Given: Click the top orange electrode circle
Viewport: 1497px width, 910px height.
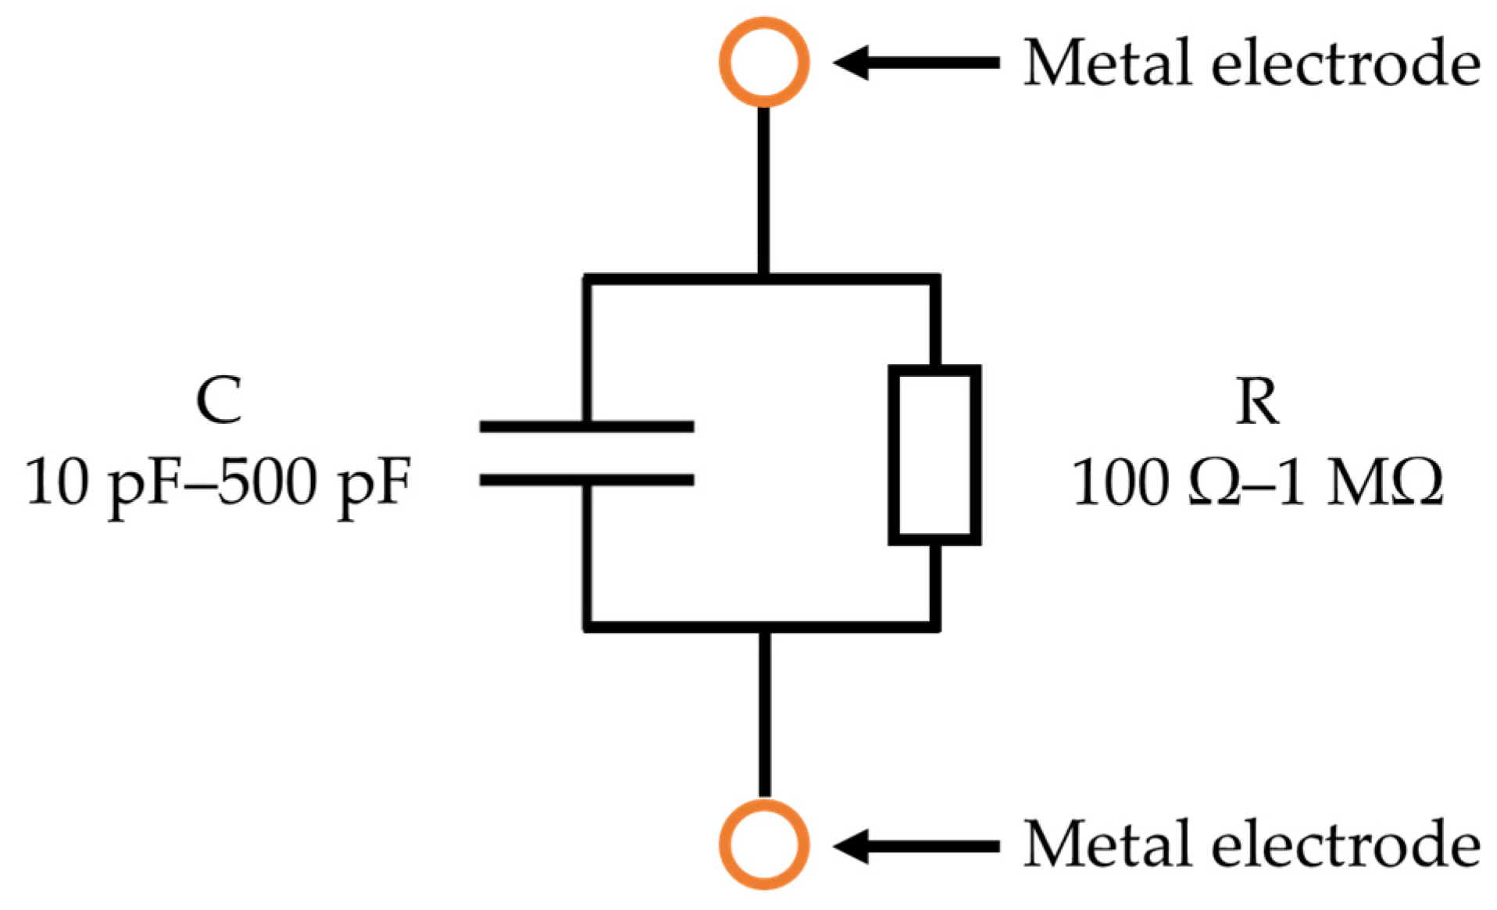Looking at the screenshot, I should click(763, 61).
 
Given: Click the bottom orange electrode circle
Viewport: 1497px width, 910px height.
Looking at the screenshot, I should click(763, 844).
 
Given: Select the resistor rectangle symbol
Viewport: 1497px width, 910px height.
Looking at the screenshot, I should click(934, 455).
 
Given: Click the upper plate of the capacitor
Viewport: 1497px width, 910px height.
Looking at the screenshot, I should click(586, 426).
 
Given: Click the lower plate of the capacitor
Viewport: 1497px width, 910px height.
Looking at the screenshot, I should click(586, 480).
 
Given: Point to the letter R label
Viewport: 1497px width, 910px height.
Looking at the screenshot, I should click(1256, 402).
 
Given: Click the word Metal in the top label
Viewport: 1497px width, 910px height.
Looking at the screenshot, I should click(1107, 63).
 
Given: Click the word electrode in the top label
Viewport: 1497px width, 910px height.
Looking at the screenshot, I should click(1345, 63).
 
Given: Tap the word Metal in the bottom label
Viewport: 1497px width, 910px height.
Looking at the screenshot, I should click(1107, 844).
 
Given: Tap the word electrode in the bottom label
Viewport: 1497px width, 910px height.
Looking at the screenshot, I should click(1345, 844).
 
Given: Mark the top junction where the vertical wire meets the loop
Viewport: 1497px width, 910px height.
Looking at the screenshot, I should click(763, 279).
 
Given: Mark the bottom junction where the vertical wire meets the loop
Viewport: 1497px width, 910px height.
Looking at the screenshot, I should click(763, 625).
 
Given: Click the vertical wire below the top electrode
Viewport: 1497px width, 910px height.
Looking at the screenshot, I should click(763, 188).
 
